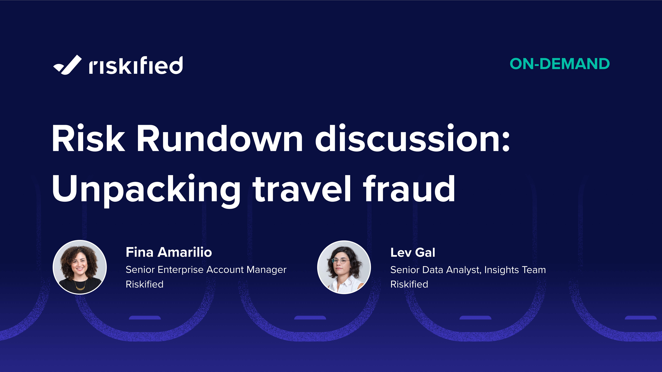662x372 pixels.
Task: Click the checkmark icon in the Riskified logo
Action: pos(67,65)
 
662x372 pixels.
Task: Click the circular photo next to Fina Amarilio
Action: pos(80,267)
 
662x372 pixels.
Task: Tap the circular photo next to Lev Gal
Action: pos(344,267)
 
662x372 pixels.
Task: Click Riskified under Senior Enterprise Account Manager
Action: pos(144,284)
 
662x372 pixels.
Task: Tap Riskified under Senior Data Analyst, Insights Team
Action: pos(409,284)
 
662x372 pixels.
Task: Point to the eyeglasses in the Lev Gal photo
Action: pos(341,261)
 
